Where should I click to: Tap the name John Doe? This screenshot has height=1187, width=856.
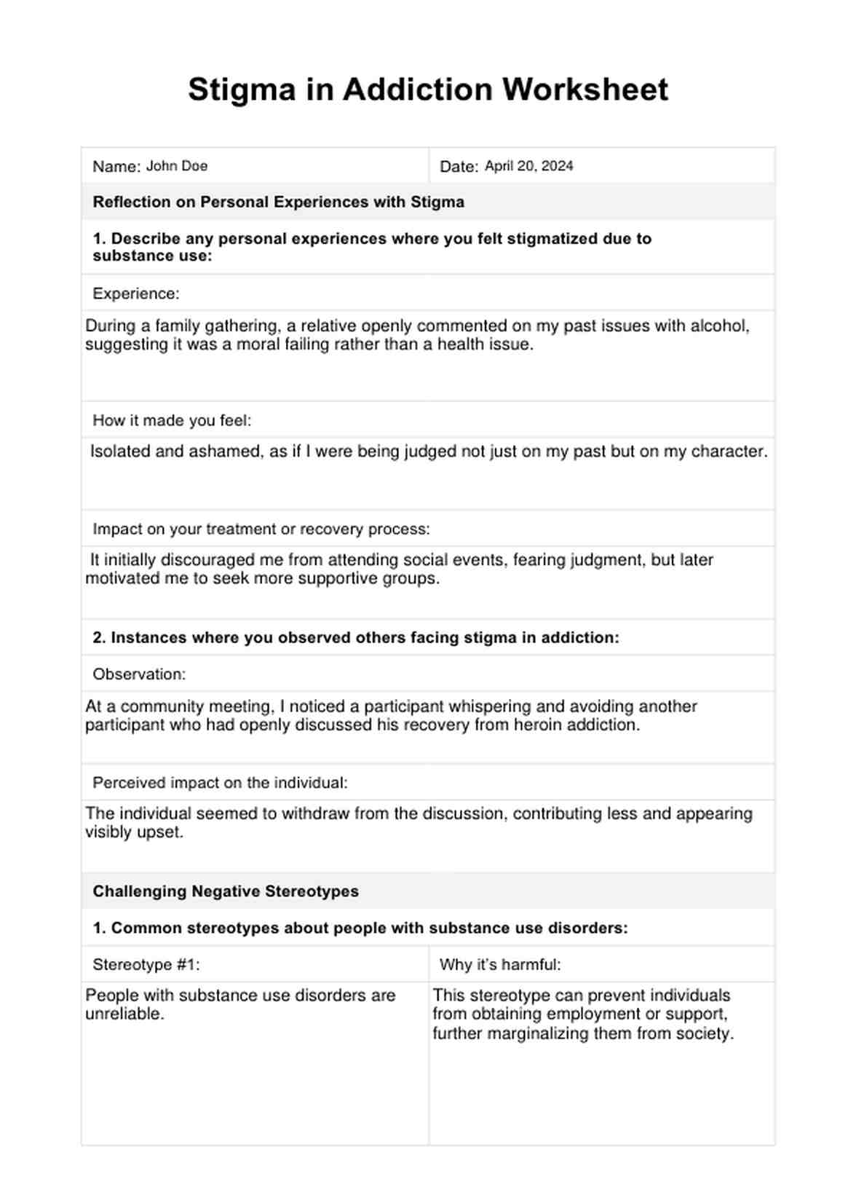click(177, 166)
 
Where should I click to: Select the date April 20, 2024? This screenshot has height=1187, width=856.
click(528, 166)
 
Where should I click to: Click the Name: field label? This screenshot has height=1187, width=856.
click(116, 167)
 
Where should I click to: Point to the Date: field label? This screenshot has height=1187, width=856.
click(459, 167)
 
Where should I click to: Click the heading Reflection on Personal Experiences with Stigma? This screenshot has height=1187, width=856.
click(278, 202)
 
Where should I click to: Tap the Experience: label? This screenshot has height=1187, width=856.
click(135, 293)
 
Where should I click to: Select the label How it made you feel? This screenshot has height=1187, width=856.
click(172, 420)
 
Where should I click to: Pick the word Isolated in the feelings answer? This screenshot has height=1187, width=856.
click(119, 451)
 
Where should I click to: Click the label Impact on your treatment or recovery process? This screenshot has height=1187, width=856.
click(261, 529)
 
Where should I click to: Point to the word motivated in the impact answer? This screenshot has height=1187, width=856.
click(119, 579)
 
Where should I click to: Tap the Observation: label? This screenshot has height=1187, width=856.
click(139, 674)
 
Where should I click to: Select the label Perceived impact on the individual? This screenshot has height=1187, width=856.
click(220, 783)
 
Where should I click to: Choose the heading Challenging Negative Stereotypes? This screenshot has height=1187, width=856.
click(226, 891)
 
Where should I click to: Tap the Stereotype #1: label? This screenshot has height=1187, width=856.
click(146, 965)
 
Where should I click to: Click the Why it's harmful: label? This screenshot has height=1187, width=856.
click(500, 965)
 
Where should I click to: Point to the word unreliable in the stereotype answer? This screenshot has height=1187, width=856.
click(124, 1014)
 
